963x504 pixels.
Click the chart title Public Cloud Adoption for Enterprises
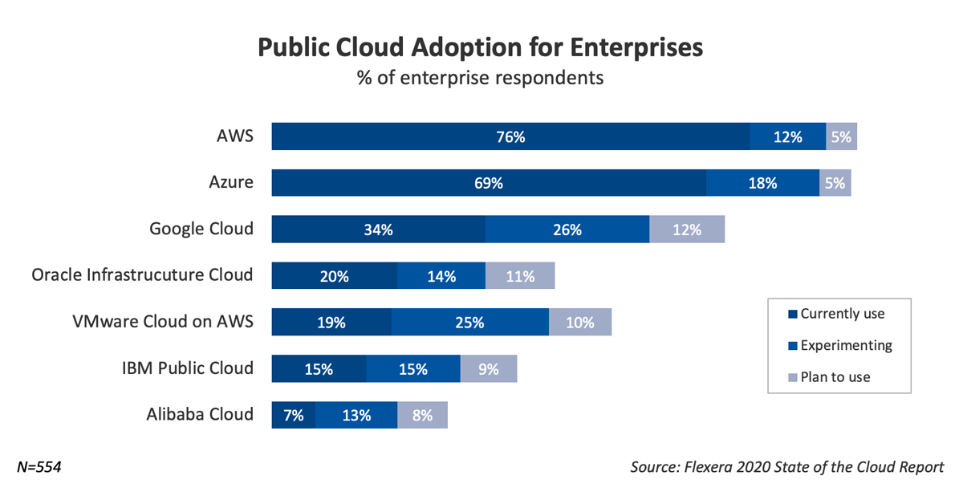pyautogui.click(x=480, y=47)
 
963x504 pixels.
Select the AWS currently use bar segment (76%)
pyautogui.click(x=510, y=136)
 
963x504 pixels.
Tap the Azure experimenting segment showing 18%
pyautogui.click(x=762, y=183)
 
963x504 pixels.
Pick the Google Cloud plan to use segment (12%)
pyautogui.click(x=687, y=230)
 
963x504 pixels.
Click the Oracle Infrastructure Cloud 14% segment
pyautogui.click(x=441, y=276)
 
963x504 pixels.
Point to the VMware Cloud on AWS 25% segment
pyautogui.click(x=470, y=323)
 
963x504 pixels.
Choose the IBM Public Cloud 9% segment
pyautogui.click(x=489, y=369)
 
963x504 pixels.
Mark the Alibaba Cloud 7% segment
pyautogui.click(x=294, y=416)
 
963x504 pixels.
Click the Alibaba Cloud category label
pyautogui.click(x=200, y=415)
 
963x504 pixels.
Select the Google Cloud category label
pyautogui.click(x=201, y=229)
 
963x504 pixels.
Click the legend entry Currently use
pyautogui.click(x=843, y=314)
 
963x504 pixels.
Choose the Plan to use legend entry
pyautogui.click(x=835, y=376)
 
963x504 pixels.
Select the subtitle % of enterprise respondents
pyautogui.click(x=480, y=79)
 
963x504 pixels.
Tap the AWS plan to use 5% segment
pyautogui.click(x=841, y=136)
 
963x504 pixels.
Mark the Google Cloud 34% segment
pyautogui.click(x=378, y=230)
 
